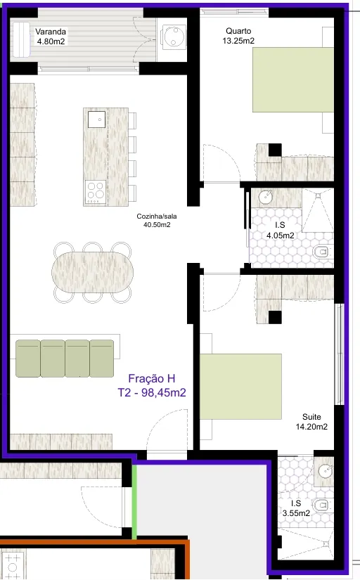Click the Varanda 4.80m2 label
point(51,37)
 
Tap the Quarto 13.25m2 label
point(238,36)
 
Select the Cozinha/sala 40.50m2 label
point(157,221)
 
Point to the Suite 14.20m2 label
point(311,422)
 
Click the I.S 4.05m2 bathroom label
point(281,230)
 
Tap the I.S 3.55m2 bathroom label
point(296,508)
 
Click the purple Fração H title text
point(152,378)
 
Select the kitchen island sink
point(96,119)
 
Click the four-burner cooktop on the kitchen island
point(96,192)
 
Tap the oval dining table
point(93,273)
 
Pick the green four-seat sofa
point(65,359)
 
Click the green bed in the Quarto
point(293,79)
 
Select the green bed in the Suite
point(240,387)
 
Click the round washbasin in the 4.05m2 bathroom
point(266,197)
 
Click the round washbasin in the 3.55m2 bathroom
point(326,470)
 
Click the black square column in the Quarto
point(275,150)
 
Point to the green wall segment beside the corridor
point(135,501)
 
